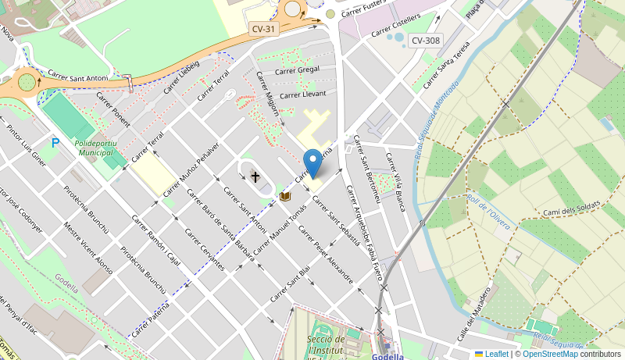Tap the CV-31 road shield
[x=263, y=29]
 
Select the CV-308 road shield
[x=425, y=41]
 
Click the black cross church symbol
[x=255, y=177]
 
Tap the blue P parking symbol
[x=55, y=143]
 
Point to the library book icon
[x=285, y=196]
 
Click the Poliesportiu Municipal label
[x=95, y=148]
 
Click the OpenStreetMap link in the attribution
[x=550, y=354]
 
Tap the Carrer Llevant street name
[x=302, y=94]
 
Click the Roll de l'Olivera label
[x=488, y=209]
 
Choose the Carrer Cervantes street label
[x=205, y=249]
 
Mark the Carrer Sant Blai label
[x=290, y=283]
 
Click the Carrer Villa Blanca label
[x=396, y=181]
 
